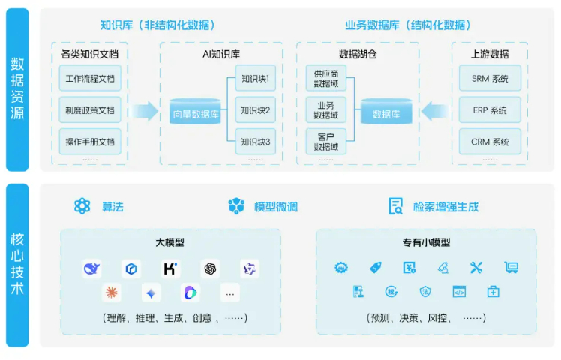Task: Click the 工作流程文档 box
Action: pos(90,79)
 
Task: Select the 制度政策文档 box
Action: pos(90,110)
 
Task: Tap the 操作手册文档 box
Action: pos(90,142)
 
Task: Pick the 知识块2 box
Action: pos(256,110)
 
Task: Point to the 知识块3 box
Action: pos(256,142)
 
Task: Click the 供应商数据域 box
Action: pos(326,79)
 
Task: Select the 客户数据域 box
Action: pos(326,142)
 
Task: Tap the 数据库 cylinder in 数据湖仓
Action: pos(385,112)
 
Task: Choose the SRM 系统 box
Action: pos(490,79)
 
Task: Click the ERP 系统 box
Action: pos(490,110)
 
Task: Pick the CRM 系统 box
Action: pos(490,142)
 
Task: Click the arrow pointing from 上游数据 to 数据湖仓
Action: pos(432,112)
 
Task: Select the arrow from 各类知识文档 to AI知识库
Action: pos(145,112)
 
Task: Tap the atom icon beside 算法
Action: pos(82,206)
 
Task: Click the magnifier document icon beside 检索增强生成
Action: pos(395,206)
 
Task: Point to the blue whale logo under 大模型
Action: pos(92,268)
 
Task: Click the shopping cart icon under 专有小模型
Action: pos(511,267)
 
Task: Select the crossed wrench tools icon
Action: pos(476,267)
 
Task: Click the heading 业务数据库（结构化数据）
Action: pos(408,25)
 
